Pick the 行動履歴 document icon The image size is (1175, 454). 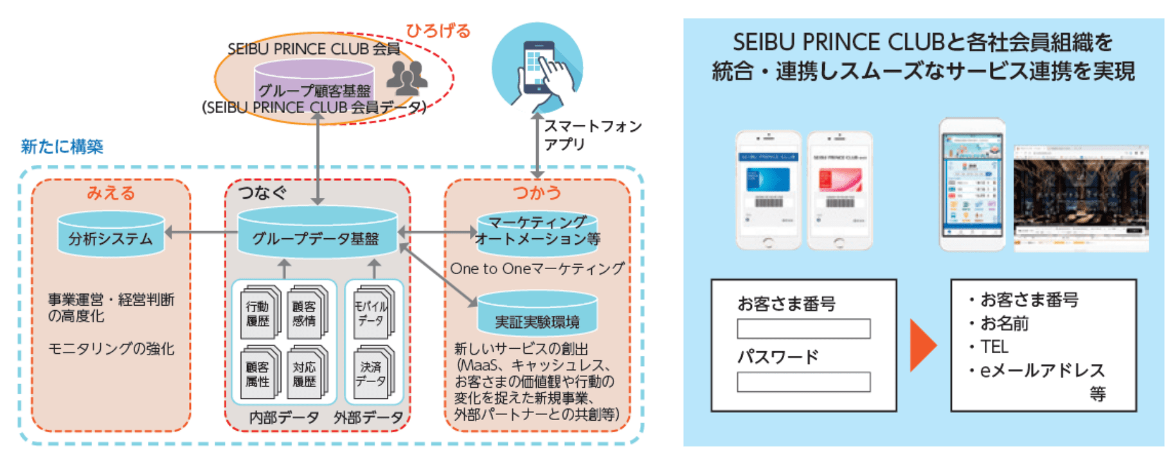[260, 313]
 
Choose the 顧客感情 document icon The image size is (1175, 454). [306, 313]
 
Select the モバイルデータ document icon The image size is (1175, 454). [372, 313]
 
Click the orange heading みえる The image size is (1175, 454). [111, 193]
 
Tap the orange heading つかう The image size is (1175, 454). [537, 193]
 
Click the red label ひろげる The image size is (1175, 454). [438, 30]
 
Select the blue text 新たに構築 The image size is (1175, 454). [62, 147]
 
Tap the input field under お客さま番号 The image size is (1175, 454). [803, 329]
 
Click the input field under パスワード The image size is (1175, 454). [803, 382]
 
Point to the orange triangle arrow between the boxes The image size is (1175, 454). [922, 345]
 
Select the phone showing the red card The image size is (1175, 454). [839, 190]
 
